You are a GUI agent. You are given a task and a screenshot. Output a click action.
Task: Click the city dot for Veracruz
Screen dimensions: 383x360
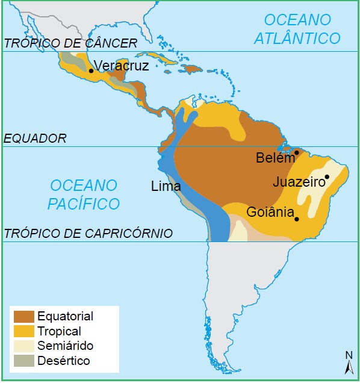pyautogui.click(x=91, y=70)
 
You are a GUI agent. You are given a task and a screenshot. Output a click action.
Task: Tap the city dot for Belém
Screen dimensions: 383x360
pyautogui.click(x=297, y=153)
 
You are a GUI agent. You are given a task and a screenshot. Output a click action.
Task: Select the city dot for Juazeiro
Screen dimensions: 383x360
pyautogui.click(x=327, y=177)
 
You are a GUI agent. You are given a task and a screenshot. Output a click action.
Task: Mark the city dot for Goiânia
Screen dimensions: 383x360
pyautogui.click(x=297, y=219)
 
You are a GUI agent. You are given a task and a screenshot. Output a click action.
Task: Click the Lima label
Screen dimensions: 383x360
pyautogui.click(x=166, y=187)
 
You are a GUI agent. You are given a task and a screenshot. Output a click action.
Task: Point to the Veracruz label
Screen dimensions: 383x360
pyautogui.click(x=121, y=66)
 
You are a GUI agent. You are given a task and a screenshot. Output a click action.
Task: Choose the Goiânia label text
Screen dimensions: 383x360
pyautogui.click(x=270, y=212)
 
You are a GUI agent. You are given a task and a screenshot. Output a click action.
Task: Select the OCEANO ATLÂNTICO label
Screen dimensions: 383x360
pyautogui.click(x=297, y=29)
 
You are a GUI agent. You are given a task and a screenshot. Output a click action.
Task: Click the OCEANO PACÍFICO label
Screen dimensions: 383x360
pyautogui.click(x=84, y=194)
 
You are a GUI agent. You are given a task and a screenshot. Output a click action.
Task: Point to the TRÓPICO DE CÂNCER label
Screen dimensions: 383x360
pyautogui.click(x=70, y=43)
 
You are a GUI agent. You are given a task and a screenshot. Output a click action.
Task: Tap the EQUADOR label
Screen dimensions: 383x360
pyautogui.click(x=35, y=139)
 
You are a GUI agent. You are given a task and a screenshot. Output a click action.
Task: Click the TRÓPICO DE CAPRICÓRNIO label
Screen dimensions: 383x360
pyautogui.click(x=88, y=234)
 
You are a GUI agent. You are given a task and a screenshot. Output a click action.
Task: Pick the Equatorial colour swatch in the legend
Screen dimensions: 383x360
pyautogui.click(x=23, y=316)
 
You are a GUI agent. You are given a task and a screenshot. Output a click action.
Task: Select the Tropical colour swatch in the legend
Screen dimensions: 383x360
pyautogui.click(x=23, y=331)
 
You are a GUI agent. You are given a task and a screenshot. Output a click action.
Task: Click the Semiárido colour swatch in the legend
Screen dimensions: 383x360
pyautogui.click(x=23, y=346)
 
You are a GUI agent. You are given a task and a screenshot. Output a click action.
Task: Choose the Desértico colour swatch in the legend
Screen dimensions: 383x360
pyautogui.click(x=23, y=361)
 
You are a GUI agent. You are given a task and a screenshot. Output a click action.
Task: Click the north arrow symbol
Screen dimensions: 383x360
pyautogui.click(x=348, y=364)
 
